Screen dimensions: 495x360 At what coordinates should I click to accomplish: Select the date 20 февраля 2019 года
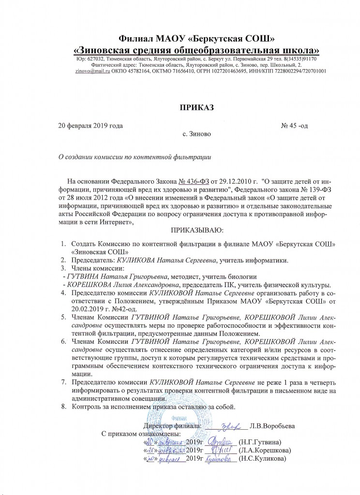point(90,126)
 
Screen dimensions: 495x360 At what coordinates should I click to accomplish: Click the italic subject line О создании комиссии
point(135,157)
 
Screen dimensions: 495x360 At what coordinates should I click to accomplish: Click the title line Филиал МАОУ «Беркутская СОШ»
point(197,39)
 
